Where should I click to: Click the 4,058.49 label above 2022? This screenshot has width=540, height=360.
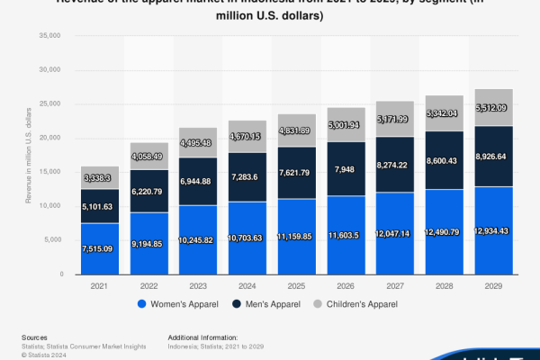149,155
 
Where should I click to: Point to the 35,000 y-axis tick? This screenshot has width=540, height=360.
47,36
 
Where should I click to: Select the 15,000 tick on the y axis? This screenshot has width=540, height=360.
47,172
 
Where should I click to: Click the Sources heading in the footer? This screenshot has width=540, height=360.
35,337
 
